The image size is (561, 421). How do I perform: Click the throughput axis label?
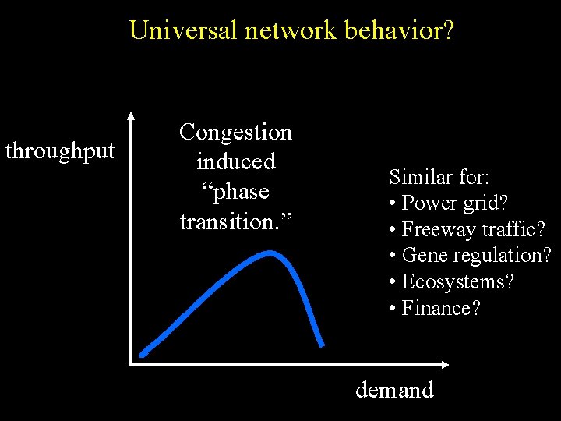coord(60,151)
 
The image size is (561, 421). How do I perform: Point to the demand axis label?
coord(394,390)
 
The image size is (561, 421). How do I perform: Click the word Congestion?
coord(235,133)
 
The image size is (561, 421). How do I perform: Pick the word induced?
coord(235,162)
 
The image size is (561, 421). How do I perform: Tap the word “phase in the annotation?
coord(235,192)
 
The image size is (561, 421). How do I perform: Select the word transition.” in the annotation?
coord(235,221)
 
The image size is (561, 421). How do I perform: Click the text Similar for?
coord(439,177)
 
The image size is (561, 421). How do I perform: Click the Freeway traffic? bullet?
coord(473,230)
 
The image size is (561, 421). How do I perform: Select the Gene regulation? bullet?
coord(476,256)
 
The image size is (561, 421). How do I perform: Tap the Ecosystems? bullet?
coord(457,281)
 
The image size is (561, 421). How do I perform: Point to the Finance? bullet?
coord(441,308)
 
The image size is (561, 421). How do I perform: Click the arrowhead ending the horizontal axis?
coord(446,364)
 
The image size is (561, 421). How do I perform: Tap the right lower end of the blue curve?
coord(321,344)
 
